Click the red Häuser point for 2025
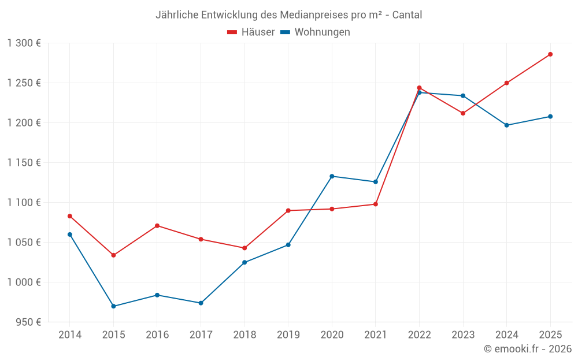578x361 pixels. pos(550,54)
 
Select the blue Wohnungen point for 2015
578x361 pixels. pos(113,306)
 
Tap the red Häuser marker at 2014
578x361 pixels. pos(70,216)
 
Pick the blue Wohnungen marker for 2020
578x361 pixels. pos(332,176)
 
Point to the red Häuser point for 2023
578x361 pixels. pos(463,113)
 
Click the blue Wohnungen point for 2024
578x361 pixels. pos(507,125)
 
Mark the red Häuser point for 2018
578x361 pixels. pos(244,248)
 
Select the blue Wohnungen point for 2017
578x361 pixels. pos(201,303)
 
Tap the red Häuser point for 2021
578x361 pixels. pos(376,204)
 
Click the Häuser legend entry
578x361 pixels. pos(251,32)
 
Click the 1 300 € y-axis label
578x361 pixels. pos(24,43)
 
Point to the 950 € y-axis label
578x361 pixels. pos(28,322)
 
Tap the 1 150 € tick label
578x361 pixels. pos(24,163)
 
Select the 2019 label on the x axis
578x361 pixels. pos(288,335)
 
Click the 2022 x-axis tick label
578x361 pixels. pos(419,335)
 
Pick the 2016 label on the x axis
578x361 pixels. pos(157,335)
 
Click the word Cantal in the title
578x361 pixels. pos(407,15)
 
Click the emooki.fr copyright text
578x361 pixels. pos(528,349)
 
